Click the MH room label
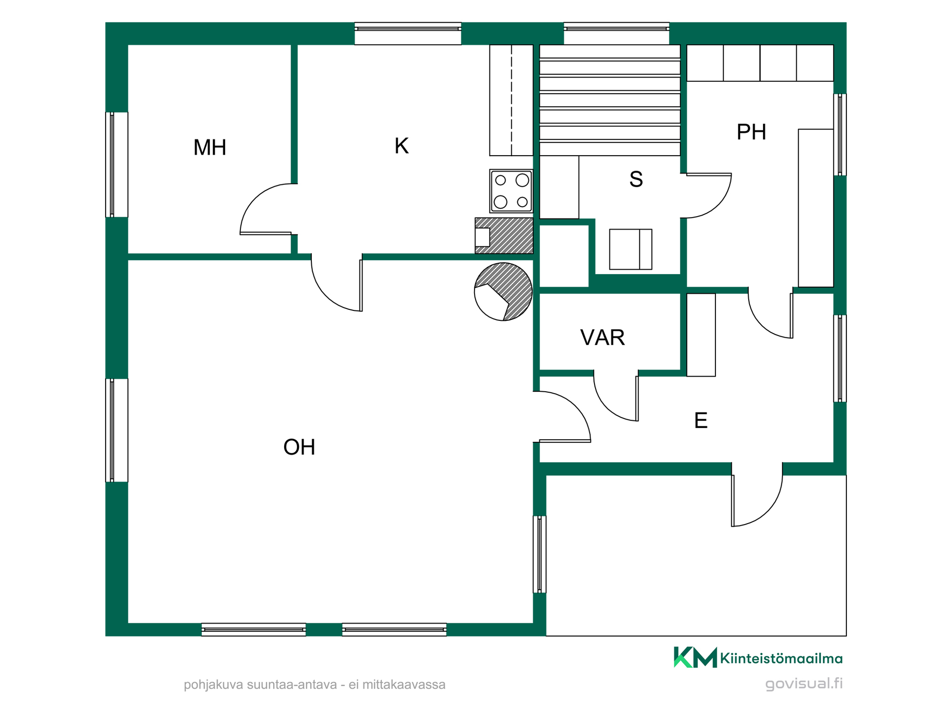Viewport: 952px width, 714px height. pos(210,147)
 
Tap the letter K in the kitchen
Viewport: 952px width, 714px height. pos(402,146)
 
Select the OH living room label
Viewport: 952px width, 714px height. pos(299,447)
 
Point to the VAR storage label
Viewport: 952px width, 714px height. pos(602,338)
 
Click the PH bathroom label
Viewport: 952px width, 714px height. pos(751,132)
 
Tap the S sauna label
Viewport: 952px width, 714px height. pos(636,179)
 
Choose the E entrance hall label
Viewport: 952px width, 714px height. pos(701,420)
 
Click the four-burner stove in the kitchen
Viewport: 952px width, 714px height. pos(511,191)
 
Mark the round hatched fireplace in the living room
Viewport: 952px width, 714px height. pos(503,292)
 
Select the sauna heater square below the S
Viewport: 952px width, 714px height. pos(631,249)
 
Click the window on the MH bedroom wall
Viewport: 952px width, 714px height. pos(117,165)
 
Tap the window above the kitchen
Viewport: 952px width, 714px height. pos(408,33)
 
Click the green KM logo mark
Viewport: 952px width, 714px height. pos(695,657)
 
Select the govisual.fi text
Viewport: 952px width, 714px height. pos(804,684)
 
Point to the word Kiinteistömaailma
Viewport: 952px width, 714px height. pos(781,658)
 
